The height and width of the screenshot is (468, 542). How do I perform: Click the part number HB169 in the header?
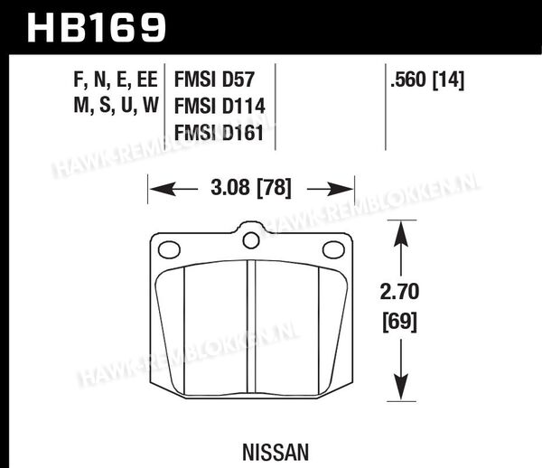pyautogui.click(x=97, y=28)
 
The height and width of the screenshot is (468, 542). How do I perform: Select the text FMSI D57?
pyautogui.click(x=214, y=80)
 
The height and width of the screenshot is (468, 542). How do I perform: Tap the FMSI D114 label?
pyautogui.click(x=220, y=106)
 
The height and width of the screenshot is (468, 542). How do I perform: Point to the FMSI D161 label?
pyautogui.click(x=219, y=133)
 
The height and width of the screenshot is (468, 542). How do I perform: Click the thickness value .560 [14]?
pyautogui.click(x=427, y=80)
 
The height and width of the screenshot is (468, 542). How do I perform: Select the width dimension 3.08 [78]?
pyautogui.click(x=251, y=189)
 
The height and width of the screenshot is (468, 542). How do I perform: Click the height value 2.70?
pyautogui.click(x=399, y=292)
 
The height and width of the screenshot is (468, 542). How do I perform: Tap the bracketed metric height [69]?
pyautogui.click(x=400, y=322)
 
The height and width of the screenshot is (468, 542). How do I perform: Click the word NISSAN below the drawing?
pyautogui.click(x=276, y=453)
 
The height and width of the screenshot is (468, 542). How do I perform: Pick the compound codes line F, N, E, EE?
pyautogui.click(x=116, y=80)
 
